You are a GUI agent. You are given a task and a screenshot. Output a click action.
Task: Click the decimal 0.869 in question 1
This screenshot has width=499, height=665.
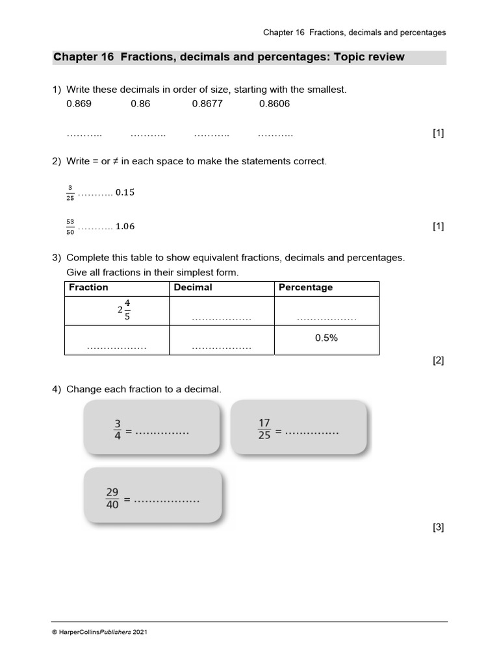coord(79,104)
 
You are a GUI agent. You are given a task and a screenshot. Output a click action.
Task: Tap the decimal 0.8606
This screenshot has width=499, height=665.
coord(274,104)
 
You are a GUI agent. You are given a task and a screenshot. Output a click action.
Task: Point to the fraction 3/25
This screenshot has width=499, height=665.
coord(70,193)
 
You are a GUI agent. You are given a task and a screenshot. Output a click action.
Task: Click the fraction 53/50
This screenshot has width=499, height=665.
coord(70,227)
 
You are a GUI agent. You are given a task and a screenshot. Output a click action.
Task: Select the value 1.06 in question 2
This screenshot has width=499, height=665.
coord(125,227)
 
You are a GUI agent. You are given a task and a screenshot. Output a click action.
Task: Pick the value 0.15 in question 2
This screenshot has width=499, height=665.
coord(125,193)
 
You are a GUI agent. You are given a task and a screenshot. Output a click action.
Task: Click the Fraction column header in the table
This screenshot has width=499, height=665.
coord(88,288)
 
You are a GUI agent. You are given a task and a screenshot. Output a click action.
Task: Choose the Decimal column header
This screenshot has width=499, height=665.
coord(193,288)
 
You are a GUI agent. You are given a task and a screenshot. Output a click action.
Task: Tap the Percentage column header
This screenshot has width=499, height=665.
coord(305,288)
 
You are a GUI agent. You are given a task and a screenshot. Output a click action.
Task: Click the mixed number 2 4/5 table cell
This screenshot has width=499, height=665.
coord(124,310)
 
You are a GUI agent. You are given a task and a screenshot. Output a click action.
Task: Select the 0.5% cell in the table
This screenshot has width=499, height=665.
coord(326,338)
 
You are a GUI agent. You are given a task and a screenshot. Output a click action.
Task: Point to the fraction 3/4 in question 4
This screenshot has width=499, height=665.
coord(118,430)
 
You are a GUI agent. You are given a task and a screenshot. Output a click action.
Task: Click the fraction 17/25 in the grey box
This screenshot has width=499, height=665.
coord(264,430)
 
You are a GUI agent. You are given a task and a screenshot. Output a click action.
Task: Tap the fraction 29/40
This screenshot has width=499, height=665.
coord(112,499)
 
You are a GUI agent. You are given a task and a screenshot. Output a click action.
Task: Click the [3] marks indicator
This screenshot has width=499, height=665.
coord(438,528)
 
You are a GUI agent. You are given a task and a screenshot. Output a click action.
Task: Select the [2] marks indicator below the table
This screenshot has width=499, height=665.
coord(438,361)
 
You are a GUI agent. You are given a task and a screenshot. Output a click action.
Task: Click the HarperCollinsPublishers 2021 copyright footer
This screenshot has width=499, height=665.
coord(99,632)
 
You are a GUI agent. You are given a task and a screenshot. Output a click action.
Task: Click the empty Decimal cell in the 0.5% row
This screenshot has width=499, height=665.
coord(222,340)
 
